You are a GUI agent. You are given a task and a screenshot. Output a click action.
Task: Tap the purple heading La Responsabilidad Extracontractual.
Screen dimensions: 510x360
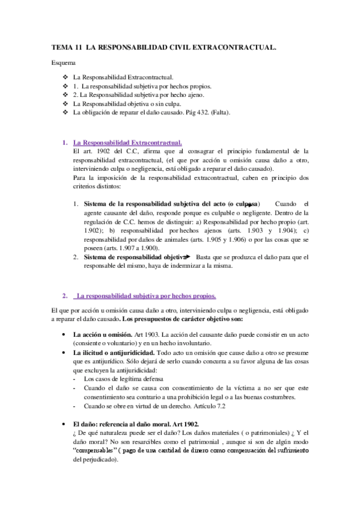click(x=127, y=143)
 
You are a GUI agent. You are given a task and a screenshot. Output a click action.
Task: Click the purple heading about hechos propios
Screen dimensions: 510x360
click(x=145, y=295)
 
